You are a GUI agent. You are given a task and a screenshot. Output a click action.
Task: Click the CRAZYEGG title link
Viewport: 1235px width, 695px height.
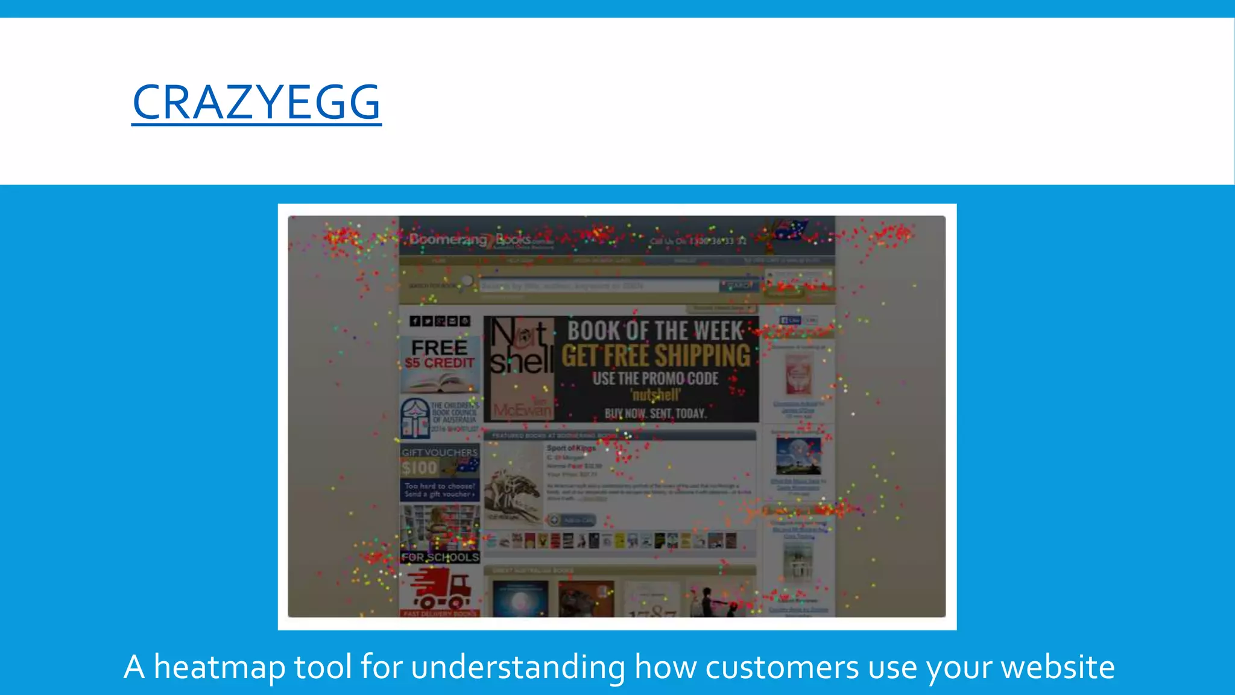click(x=256, y=103)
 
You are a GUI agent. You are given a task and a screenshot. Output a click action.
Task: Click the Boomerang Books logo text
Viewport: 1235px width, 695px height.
click(x=470, y=240)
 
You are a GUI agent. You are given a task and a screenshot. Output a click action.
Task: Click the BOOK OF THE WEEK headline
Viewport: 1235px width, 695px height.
click(x=655, y=331)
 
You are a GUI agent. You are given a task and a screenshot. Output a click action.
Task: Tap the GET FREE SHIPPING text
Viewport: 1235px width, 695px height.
click(x=656, y=355)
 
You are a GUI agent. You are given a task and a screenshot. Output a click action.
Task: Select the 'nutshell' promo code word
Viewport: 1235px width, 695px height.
click(x=655, y=395)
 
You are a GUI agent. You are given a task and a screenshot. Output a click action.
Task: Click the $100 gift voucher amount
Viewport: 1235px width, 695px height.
click(x=420, y=468)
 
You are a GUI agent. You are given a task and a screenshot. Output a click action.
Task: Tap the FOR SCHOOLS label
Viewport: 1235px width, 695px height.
click(x=440, y=557)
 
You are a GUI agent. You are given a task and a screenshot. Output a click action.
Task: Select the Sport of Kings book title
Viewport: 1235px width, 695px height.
click(x=570, y=448)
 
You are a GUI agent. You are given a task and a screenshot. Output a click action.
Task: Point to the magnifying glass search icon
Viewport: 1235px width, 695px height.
click(x=467, y=282)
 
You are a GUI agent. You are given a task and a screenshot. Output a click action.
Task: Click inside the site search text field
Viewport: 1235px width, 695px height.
click(x=597, y=286)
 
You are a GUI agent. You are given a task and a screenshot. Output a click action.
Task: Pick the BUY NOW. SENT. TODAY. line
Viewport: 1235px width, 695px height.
click(x=655, y=413)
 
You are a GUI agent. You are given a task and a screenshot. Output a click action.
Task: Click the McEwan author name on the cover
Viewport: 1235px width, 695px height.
click(x=522, y=410)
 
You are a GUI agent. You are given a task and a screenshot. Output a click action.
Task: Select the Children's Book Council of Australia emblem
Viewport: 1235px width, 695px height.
click(x=415, y=417)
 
